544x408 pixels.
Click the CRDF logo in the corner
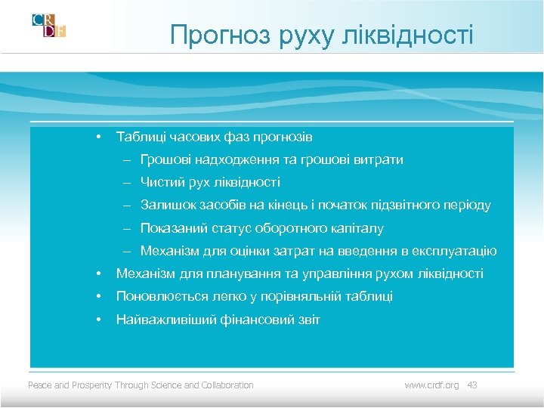(x=48, y=25)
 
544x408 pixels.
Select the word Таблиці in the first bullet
(x=138, y=137)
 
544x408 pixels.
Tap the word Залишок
(x=165, y=205)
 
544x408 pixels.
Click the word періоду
(x=468, y=205)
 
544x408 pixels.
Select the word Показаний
(x=171, y=228)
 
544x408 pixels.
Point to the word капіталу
(x=357, y=228)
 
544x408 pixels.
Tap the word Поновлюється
(x=155, y=297)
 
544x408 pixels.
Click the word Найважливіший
(x=159, y=320)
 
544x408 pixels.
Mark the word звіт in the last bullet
(x=308, y=320)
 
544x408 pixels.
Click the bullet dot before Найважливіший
(x=98, y=320)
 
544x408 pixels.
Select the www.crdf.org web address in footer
(x=431, y=385)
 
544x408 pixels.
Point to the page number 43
(x=472, y=385)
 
